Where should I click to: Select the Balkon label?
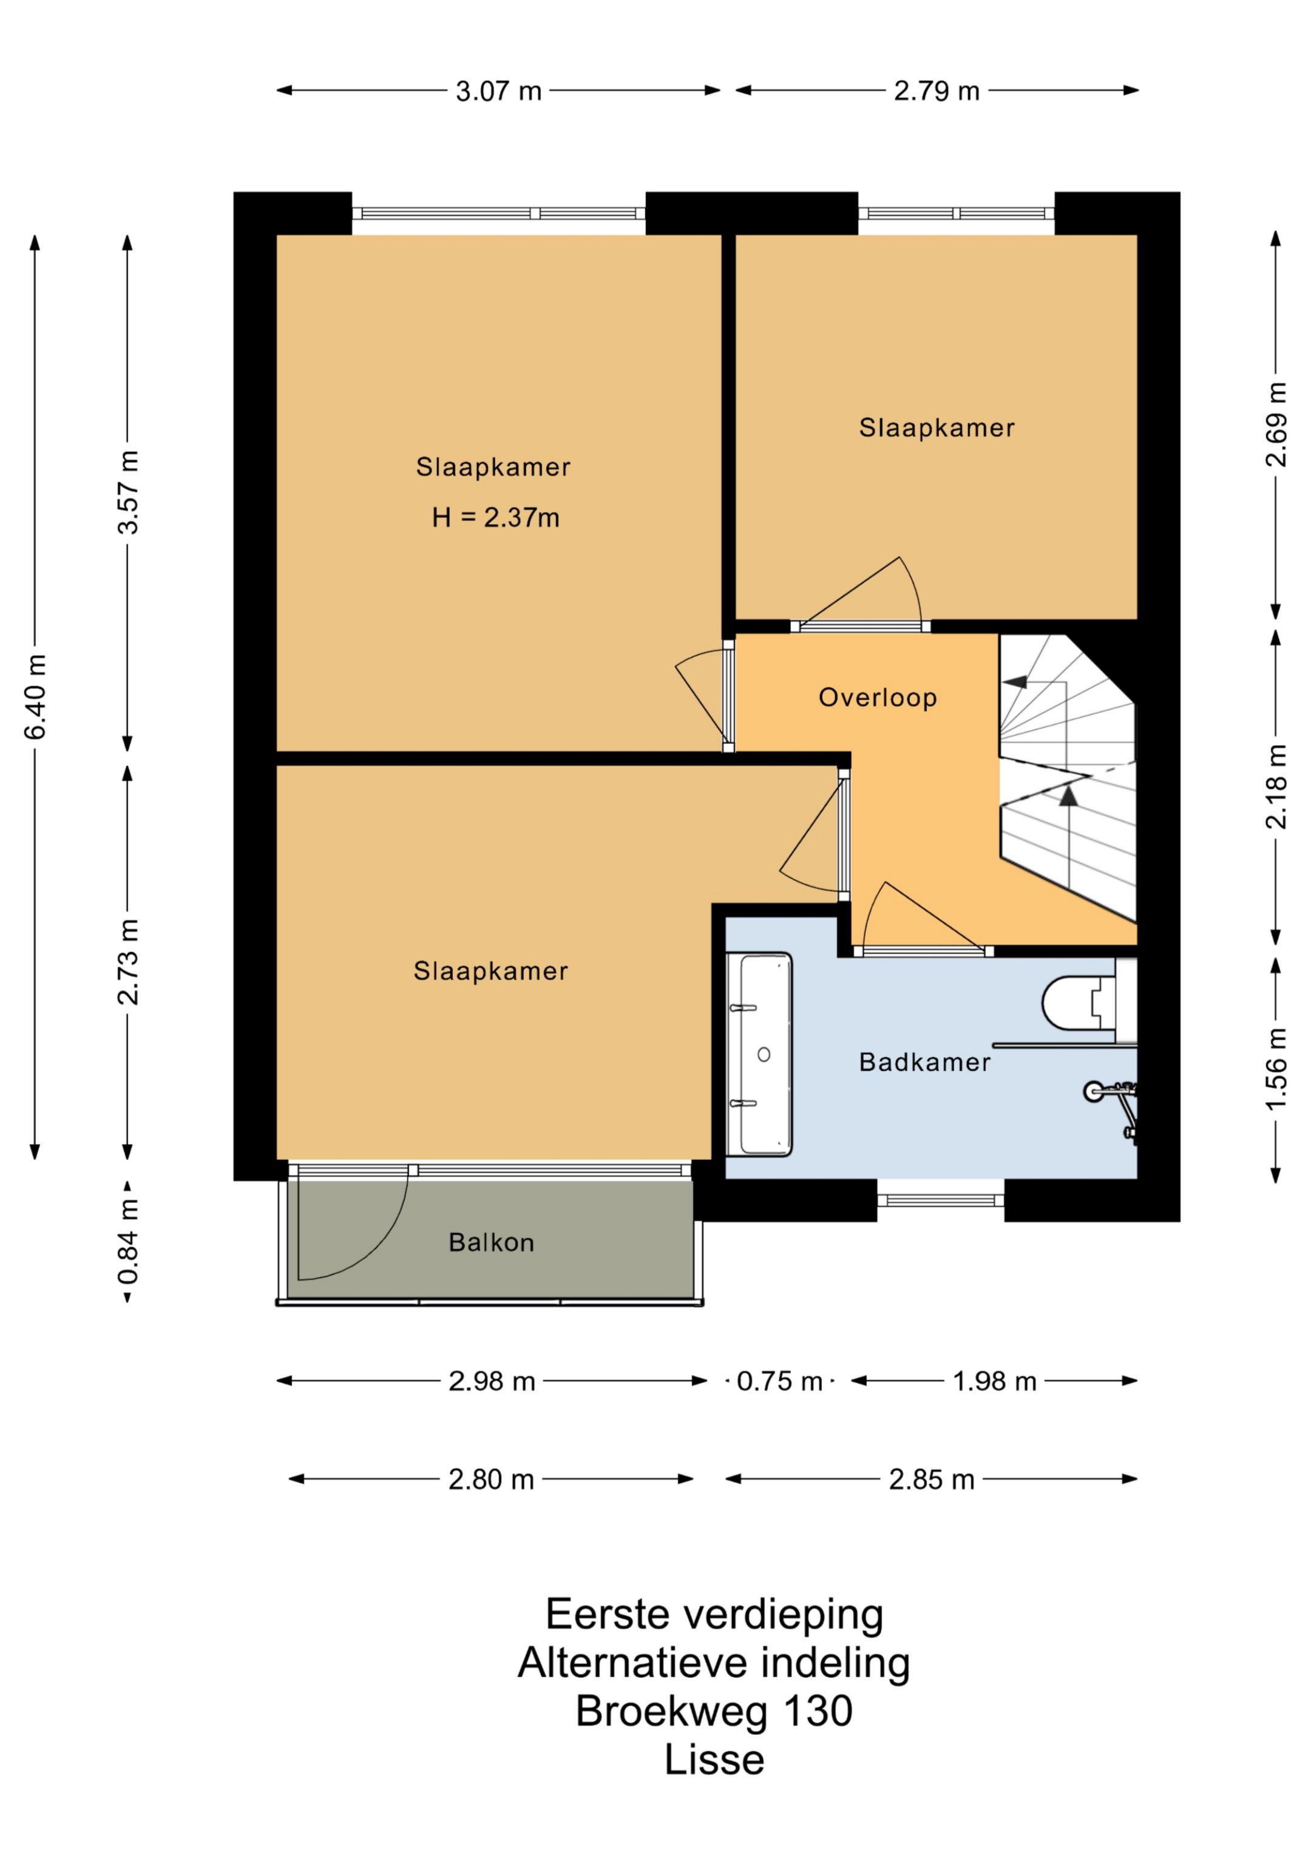point(491,1242)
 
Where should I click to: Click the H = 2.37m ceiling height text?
point(495,517)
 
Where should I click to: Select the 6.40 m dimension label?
point(36,696)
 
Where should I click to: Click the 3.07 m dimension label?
point(498,91)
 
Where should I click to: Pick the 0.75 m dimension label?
point(779,1381)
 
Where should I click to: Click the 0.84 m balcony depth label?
point(127,1242)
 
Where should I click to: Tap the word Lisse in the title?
point(714,1760)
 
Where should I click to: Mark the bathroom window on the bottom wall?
point(940,1200)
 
